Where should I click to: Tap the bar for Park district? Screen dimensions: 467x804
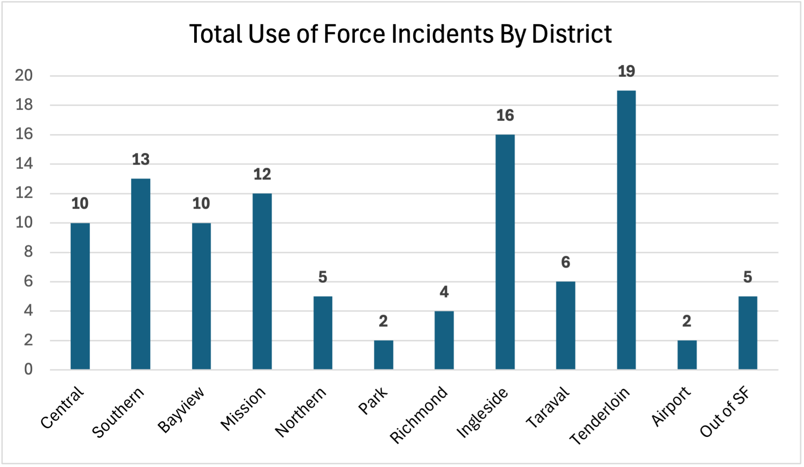coord(383,355)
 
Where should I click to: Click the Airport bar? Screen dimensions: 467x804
coord(687,355)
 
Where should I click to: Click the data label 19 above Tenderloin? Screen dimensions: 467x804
coord(626,71)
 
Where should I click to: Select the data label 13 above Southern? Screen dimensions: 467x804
coord(141,160)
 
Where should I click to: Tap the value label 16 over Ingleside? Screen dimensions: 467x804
coord(505,116)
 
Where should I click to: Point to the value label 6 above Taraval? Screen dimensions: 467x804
coord(565,262)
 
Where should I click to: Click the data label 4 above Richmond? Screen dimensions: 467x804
coord(444,292)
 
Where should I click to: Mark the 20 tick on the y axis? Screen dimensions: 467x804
coord(24,76)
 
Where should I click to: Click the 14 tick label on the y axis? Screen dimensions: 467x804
coord(24,164)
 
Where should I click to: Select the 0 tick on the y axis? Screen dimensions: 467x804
coord(28,369)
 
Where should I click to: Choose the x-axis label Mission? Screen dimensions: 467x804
coord(243,409)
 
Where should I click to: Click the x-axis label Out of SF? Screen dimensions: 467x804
coord(725,412)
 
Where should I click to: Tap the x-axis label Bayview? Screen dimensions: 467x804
coord(181,409)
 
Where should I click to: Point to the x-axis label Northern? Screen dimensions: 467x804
coord(301,412)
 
